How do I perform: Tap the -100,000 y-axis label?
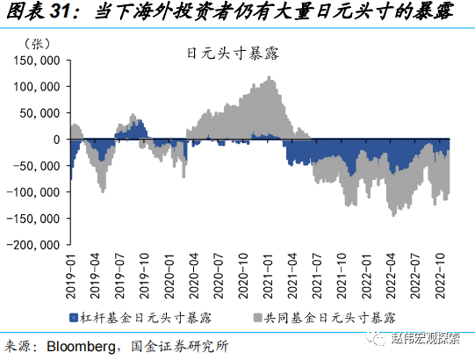click(x=36, y=191)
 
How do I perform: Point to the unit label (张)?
click(x=40, y=42)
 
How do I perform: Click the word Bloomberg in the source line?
click(x=87, y=345)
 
